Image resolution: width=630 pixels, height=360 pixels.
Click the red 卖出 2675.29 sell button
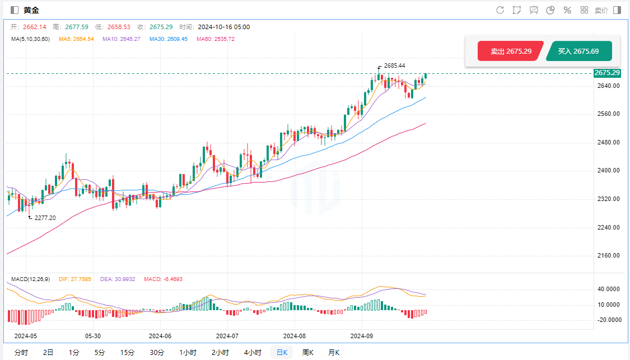(x=510, y=51)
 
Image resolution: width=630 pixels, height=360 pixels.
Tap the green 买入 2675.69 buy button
(x=579, y=51)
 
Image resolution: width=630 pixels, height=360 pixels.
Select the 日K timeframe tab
(x=281, y=352)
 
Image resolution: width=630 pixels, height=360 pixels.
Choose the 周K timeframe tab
(x=308, y=352)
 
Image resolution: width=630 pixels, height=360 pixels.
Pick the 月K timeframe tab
(x=334, y=352)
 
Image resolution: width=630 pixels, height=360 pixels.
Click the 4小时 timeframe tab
(x=253, y=352)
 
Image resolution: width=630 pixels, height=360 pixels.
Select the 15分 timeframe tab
(x=127, y=352)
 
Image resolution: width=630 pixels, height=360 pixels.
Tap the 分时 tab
(x=21, y=352)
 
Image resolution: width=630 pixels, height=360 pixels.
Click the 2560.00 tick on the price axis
(x=609, y=114)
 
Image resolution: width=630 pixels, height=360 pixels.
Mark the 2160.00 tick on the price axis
(x=609, y=256)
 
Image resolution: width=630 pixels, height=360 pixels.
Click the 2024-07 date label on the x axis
(x=227, y=336)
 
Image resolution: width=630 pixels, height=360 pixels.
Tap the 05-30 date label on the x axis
(x=92, y=336)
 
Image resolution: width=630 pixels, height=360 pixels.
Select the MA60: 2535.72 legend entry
(x=216, y=39)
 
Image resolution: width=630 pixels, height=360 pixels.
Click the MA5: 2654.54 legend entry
(x=76, y=39)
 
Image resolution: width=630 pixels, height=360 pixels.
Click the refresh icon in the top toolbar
(x=500, y=10)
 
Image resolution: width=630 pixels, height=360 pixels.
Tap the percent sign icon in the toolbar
(x=567, y=10)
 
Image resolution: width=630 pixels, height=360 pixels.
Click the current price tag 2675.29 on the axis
(x=607, y=73)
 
